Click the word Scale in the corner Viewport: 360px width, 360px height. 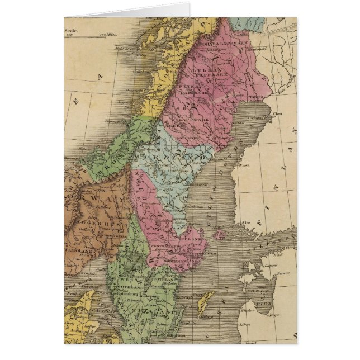(x=72, y=31)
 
